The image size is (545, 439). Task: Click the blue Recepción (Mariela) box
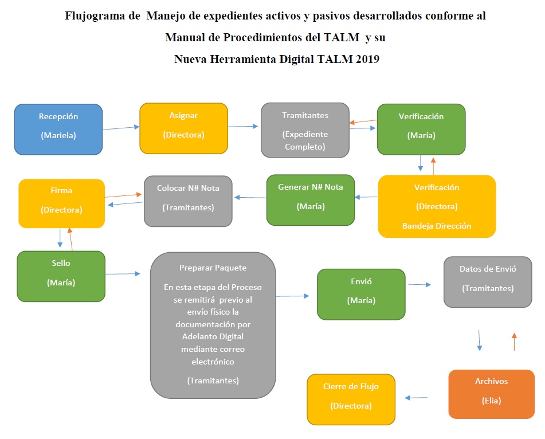(58, 129)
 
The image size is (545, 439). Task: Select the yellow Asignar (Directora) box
(183, 128)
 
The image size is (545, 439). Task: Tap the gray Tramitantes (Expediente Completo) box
(305, 130)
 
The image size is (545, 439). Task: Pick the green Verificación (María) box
(421, 129)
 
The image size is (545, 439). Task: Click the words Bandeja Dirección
(437, 226)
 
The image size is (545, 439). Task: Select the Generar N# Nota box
(311, 199)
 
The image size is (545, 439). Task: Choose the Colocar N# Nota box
(188, 201)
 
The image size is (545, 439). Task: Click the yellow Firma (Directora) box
(62, 203)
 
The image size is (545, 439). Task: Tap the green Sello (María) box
(61, 276)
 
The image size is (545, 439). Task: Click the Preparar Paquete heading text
(213, 268)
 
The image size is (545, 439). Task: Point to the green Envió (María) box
(362, 294)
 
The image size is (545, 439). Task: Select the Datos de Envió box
(488, 281)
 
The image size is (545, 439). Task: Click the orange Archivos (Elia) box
(491, 393)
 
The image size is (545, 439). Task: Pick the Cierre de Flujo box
(351, 399)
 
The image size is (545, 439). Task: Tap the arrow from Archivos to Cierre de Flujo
(417, 398)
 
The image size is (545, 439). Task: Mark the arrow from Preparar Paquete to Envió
(292, 296)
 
